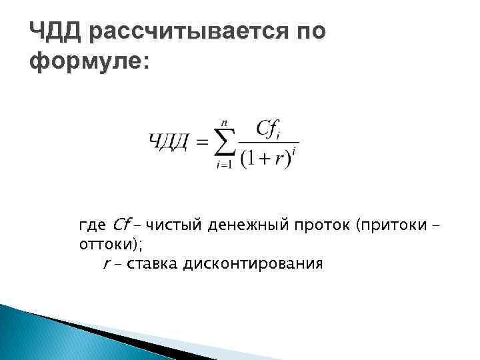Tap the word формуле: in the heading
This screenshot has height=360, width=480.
point(91,63)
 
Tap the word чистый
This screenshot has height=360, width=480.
point(174,224)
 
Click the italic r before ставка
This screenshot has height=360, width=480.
point(106,265)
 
